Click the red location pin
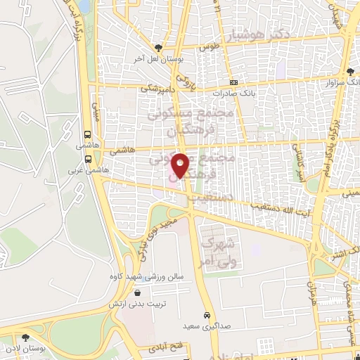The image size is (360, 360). (x=181, y=165)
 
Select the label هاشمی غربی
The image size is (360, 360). (x=81, y=170)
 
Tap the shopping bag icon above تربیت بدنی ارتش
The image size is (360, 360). (x=136, y=293)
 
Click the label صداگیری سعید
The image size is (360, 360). (x=208, y=327)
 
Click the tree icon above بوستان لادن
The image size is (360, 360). (x=27, y=337)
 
